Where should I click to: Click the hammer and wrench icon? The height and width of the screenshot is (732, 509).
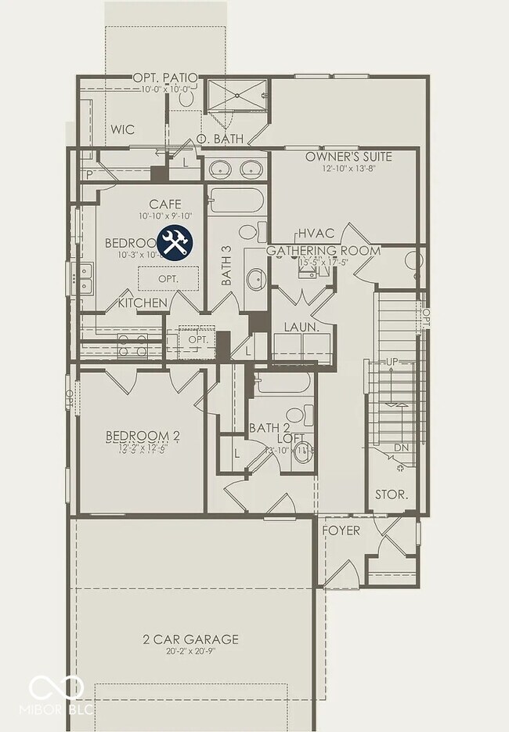[175, 243]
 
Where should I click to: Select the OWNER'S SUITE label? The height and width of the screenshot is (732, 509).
[349, 157]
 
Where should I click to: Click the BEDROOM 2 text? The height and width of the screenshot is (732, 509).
[143, 437]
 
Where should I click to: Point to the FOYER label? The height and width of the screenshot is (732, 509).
[342, 531]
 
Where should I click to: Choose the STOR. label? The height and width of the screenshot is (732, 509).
[392, 495]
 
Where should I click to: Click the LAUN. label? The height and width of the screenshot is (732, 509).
[301, 327]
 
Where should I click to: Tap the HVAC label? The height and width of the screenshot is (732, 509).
[316, 234]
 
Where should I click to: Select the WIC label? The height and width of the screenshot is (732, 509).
[123, 129]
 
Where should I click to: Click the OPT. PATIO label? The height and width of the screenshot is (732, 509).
[164, 78]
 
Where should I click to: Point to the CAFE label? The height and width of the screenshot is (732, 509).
[165, 205]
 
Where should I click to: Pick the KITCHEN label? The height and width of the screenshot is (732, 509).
[143, 303]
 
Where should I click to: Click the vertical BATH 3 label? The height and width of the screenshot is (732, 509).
[226, 266]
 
